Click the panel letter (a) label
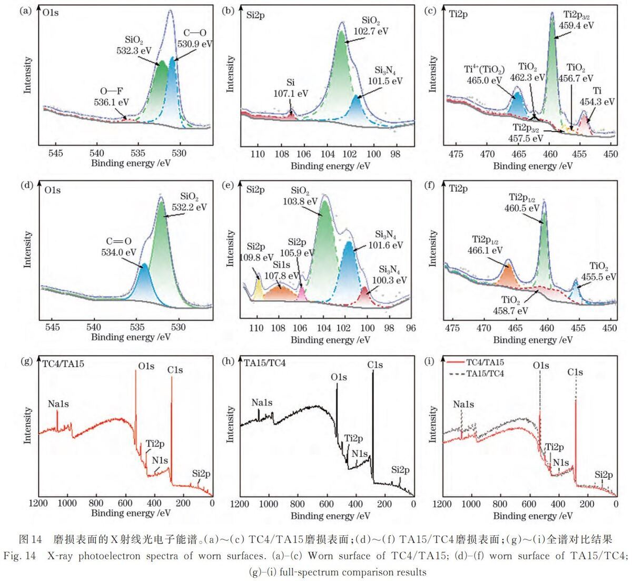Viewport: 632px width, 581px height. coord(25,12)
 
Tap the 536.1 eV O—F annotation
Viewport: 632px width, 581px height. coord(111,97)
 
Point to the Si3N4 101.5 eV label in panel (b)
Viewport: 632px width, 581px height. coord(386,76)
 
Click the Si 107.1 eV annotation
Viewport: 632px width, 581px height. coord(291,88)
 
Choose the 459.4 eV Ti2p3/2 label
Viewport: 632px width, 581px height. coord(576,19)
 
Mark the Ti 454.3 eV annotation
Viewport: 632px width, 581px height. coord(597,96)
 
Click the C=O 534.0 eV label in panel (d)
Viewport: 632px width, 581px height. coord(118,247)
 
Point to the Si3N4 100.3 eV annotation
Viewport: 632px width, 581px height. coord(389,274)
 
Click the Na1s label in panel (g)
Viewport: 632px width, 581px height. coord(58,404)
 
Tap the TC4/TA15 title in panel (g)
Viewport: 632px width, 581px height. coord(63,363)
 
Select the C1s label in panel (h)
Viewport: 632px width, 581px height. coord(375,365)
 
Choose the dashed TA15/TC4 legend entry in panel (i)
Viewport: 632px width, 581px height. coord(477,373)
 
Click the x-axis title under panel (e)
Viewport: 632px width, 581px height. coord(330,340)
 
